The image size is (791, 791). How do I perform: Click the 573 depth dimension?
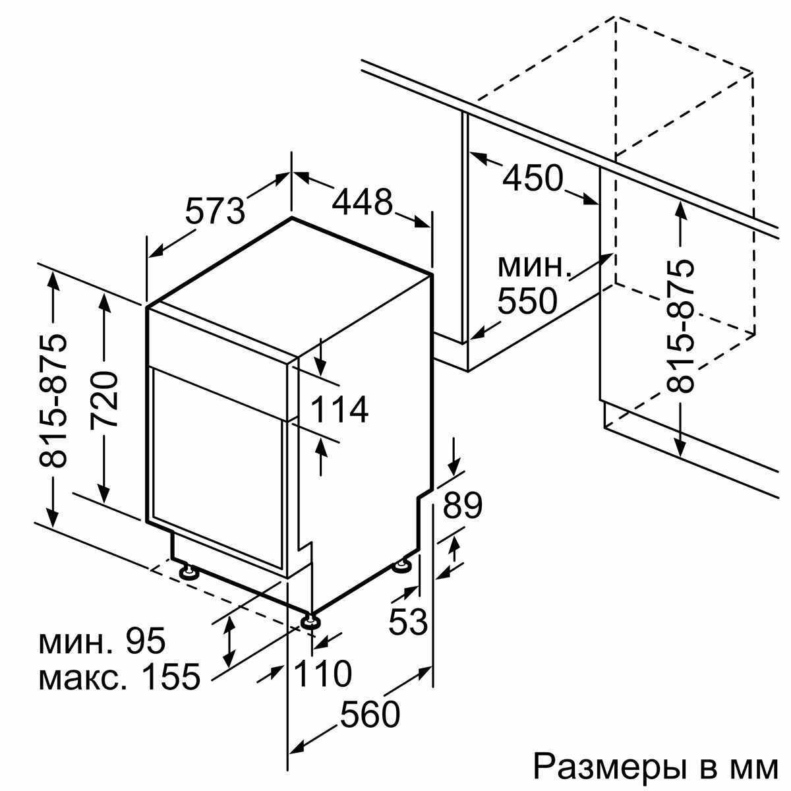point(214,210)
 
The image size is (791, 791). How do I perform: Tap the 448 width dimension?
point(362,202)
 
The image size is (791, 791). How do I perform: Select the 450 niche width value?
point(533,178)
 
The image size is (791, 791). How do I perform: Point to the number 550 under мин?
point(527,302)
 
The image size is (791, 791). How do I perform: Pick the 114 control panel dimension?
point(339,410)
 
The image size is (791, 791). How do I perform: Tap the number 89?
point(462,506)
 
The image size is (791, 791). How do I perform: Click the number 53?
point(408,622)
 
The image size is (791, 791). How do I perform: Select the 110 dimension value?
point(322,674)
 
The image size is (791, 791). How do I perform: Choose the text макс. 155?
point(119,677)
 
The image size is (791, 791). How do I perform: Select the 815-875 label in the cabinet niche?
point(682,326)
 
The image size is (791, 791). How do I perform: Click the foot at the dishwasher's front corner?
point(310,620)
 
